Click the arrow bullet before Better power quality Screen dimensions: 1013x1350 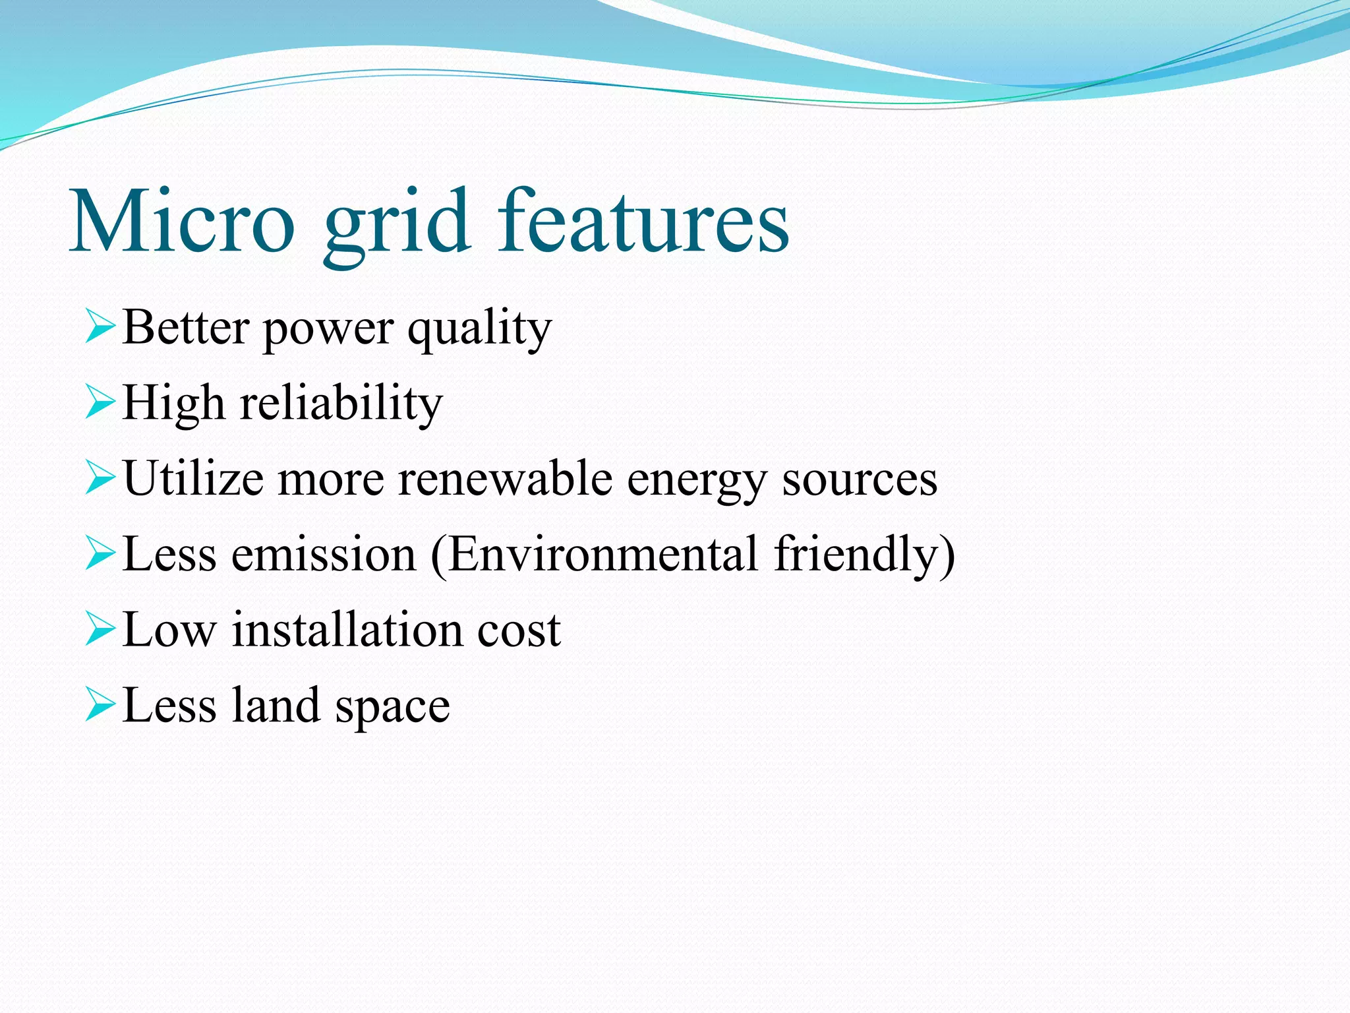coord(100,328)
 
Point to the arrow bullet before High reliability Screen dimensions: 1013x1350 coord(100,403)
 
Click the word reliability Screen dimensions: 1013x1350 coord(341,404)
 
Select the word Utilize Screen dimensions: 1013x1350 coord(193,478)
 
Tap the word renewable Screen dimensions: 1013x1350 coord(505,478)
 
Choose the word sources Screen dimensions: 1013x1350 coord(860,480)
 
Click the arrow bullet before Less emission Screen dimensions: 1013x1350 coord(100,554)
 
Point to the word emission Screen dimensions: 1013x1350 coord(324,555)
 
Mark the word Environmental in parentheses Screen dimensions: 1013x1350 coord(602,555)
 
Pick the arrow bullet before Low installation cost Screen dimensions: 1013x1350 coord(100,630)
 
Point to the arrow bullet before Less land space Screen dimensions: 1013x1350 coord(100,705)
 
